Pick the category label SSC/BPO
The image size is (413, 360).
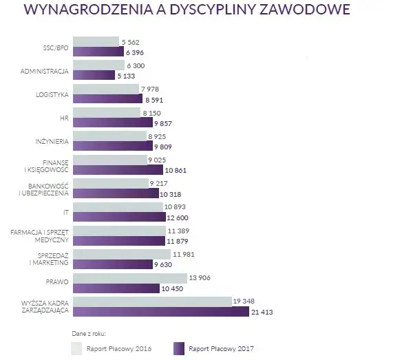[x=54, y=47]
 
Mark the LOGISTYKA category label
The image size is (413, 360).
[x=50, y=94]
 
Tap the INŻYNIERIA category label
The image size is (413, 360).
[x=50, y=142]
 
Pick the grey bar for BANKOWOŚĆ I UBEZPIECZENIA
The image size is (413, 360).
[x=109, y=182]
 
